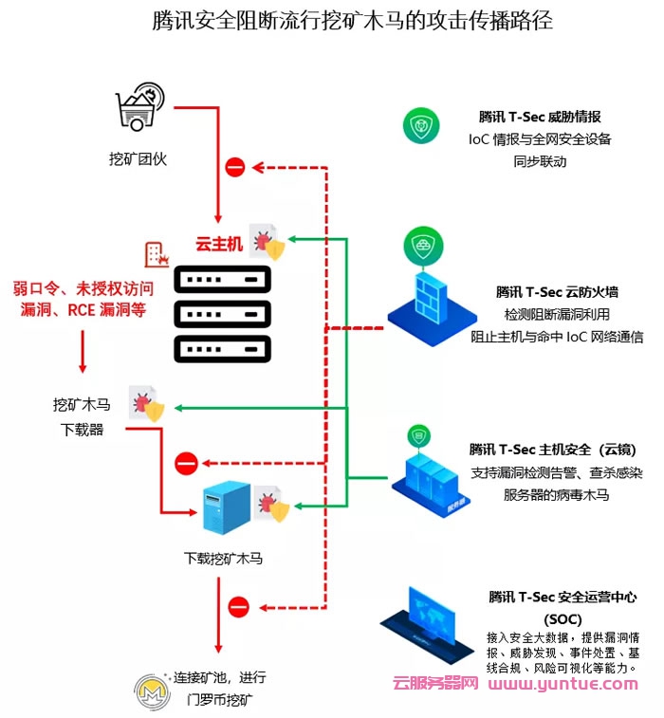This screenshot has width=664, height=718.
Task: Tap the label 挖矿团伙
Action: click(138, 158)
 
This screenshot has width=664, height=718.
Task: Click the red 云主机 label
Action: click(219, 244)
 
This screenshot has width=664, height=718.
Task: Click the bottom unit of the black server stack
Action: click(222, 348)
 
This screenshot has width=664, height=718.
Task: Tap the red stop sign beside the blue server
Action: click(186, 463)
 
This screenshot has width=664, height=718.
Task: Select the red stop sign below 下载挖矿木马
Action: click(238, 605)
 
